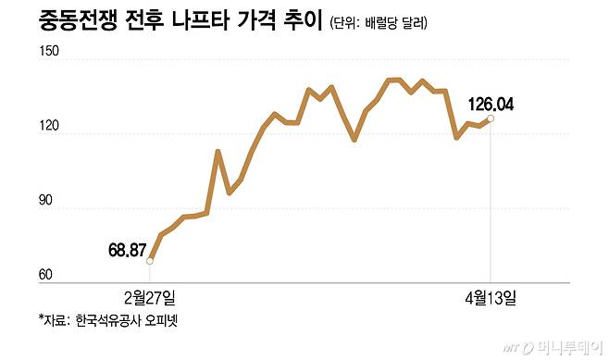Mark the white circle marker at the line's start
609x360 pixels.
[150, 261]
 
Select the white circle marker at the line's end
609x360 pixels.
[491, 118]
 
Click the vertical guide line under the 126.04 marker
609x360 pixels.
[491, 204]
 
